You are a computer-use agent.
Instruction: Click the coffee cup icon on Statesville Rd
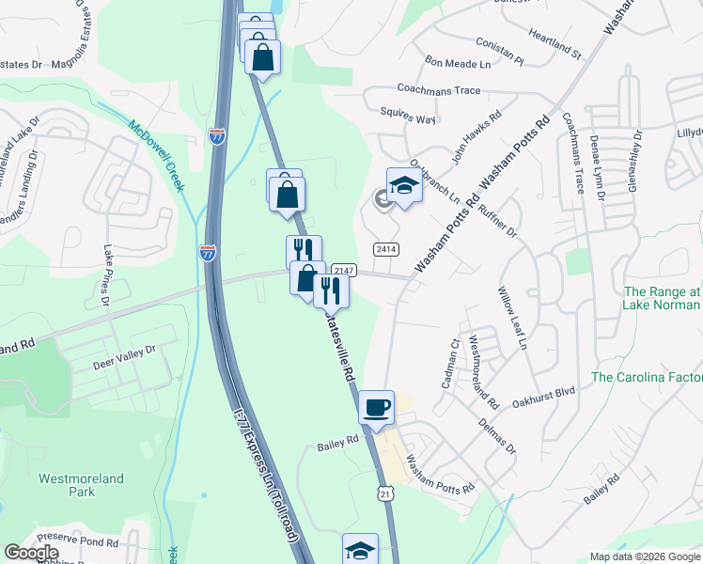(x=376, y=407)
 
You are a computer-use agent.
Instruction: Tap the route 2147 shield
(x=343, y=271)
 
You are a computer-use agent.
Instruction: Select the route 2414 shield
(x=385, y=249)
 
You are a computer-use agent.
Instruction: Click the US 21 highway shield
(x=386, y=493)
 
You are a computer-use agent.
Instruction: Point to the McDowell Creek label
(x=156, y=156)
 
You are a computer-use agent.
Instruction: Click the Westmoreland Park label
(x=81, y=485)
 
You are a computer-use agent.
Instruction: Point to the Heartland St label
(x=556, y=47)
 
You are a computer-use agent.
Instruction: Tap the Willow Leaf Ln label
(x=513, y=319)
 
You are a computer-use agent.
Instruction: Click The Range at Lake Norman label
(x=662, y=298)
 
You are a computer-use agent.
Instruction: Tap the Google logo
(x=32, y=553)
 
